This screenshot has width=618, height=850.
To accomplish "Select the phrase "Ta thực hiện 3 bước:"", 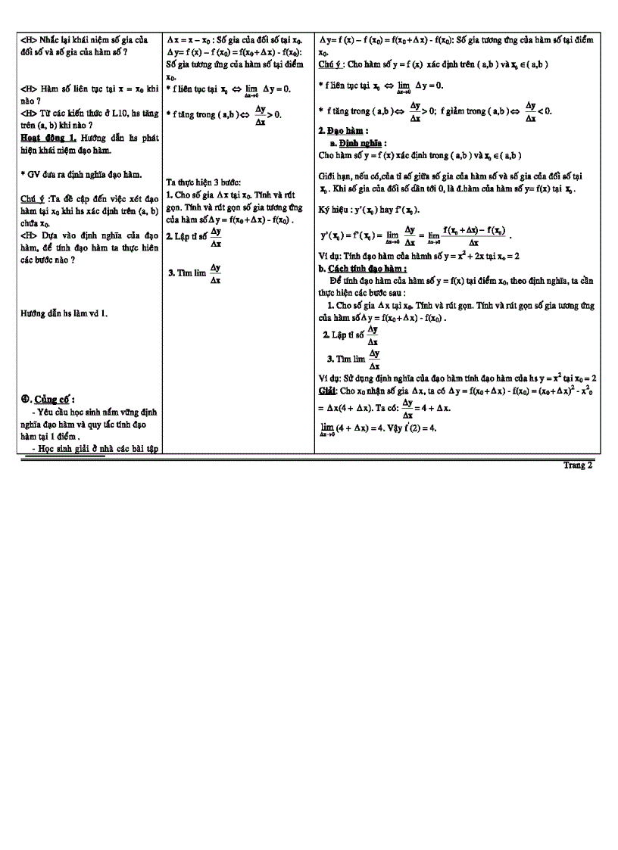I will (202, 182).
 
